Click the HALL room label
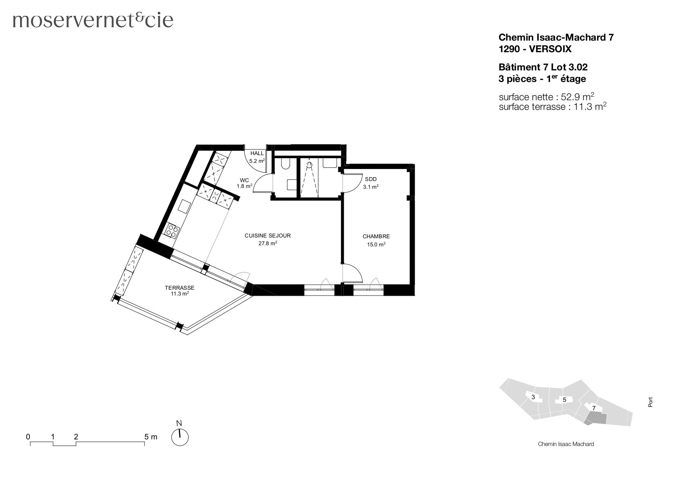(257, 154)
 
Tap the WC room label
(244, 180)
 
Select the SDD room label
(370, 179)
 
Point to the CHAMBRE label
(376, 236)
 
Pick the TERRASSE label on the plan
(180, 288)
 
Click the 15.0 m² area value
(376, 244)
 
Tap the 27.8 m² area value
(267, 244)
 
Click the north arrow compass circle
(180, 437)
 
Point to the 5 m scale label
(151, 437)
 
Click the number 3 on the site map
(533, 397)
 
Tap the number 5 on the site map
(564, 400)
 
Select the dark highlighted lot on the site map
(596, 418)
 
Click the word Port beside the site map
(650, 402)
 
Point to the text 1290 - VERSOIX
(535, 49)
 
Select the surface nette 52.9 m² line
(546, 97)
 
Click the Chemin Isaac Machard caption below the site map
(566, 444)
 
